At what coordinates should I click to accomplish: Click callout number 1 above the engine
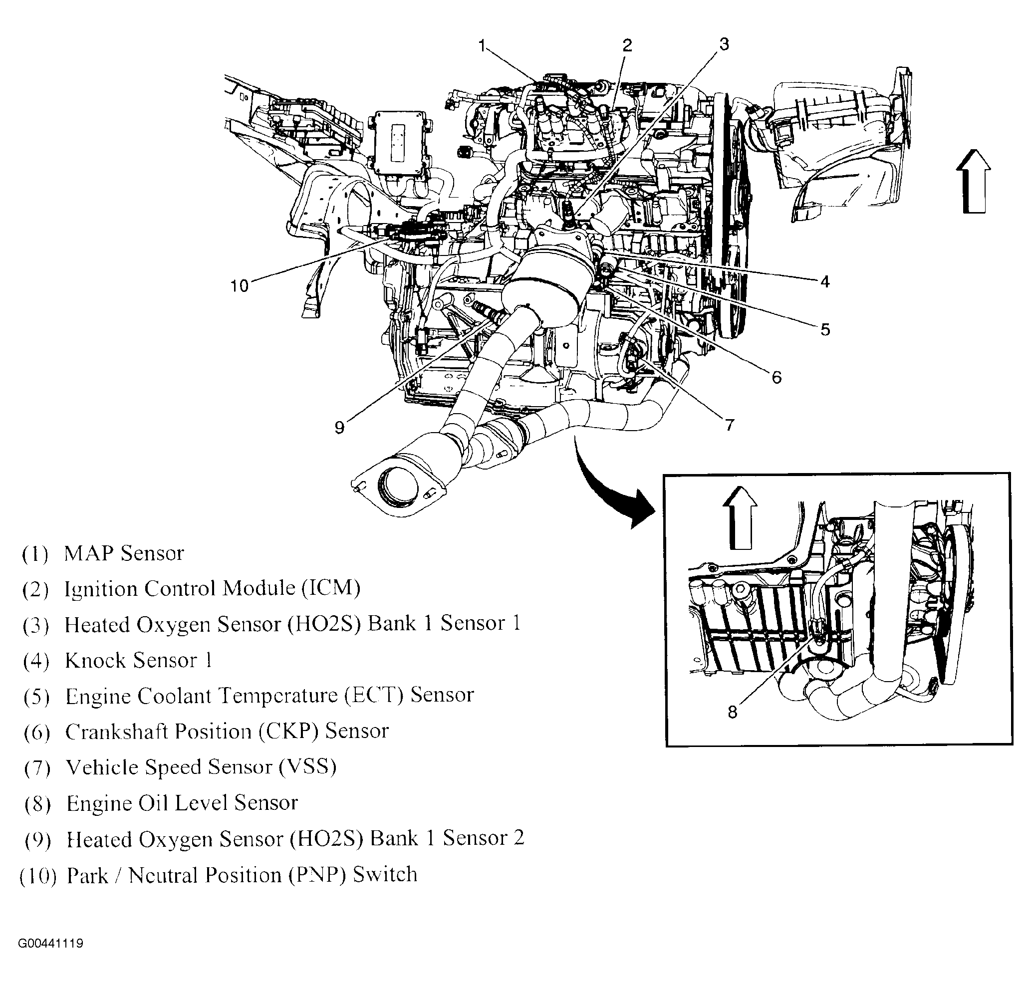coord(482,46)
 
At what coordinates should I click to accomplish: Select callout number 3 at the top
coord(724,44)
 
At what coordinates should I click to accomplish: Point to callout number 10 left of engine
coord(239,286)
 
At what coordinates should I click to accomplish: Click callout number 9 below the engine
coord(339,428)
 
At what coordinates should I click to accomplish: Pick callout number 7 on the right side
coord(730,425)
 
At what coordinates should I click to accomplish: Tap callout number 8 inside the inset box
coord(732,713)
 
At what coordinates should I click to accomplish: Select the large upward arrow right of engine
coord(973,181)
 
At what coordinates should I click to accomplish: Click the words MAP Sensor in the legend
coord(124,553)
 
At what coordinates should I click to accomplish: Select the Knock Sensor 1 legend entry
coord(138,661)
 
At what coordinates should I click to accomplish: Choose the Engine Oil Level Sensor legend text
coord(182,803)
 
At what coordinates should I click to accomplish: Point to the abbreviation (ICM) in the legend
coord(331,589)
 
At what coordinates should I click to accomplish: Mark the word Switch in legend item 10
coord(385,875)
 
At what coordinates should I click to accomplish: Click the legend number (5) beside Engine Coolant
coord(37,697)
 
